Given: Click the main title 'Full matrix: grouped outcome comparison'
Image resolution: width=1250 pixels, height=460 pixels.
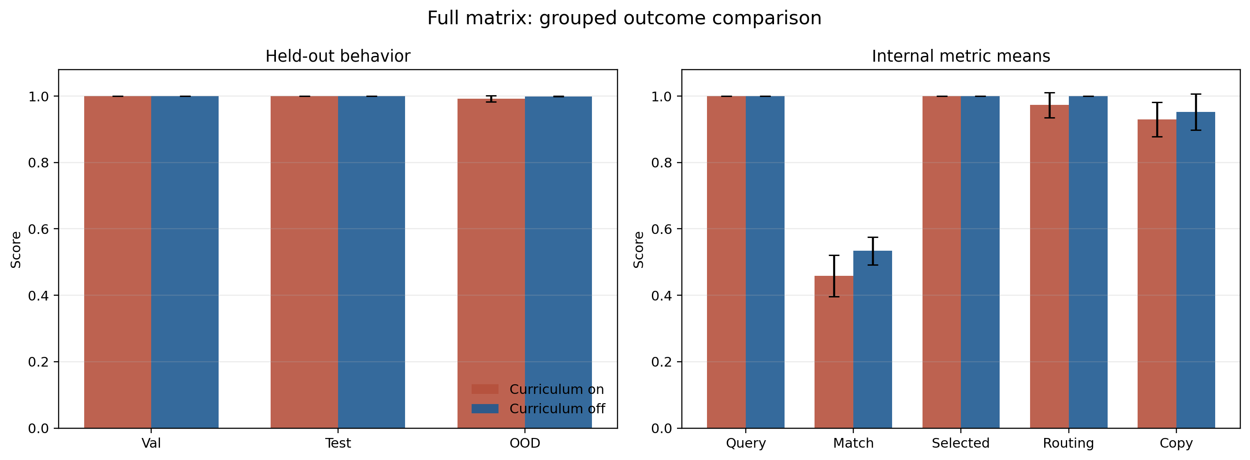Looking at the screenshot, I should tap(624, 19).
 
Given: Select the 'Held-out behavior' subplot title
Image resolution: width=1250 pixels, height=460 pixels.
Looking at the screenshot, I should tap(338, 56).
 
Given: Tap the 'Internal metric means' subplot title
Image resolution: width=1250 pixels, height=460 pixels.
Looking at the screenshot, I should tap(960, 56).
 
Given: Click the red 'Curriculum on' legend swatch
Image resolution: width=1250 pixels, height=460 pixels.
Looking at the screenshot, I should tap(485, 389).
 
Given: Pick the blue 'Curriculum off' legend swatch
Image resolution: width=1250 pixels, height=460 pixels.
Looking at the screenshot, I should tap(485, 408).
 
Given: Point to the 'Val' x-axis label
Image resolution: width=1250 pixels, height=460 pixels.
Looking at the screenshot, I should tap(151, 443).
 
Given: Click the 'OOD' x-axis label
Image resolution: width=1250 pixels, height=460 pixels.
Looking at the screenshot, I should tap(525, 443).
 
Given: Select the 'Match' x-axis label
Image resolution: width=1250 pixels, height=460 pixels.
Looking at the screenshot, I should tap(853, 443).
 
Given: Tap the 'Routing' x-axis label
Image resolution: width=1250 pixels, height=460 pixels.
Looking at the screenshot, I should tap(1068, 443).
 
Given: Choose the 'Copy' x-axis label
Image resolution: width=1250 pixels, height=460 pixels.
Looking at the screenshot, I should tap(1176, 443).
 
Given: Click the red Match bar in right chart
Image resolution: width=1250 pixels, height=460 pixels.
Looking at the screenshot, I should tap(833, 354).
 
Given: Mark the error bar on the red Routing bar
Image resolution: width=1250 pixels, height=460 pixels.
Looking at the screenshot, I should tap(1049, 105).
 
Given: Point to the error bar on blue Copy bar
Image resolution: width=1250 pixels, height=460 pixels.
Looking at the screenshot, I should tap(1196, 112).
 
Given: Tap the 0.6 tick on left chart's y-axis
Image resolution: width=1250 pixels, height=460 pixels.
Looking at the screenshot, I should tap(38, 229).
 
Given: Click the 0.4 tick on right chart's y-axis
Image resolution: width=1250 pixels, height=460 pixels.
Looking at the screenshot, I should tap(662, 296).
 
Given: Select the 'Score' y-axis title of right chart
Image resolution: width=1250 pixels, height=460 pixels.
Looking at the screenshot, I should tap(639, 249).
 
